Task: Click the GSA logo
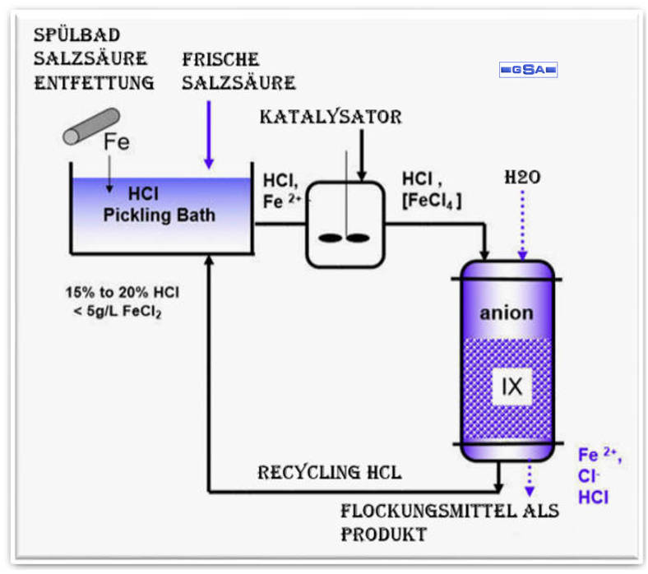click(x=528, y=70)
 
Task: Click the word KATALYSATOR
click(x=331, y=117)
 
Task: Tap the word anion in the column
click(x=507, y=312)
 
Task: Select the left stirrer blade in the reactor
click(x=331, y=238)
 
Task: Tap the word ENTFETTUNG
click(x=95, y=82)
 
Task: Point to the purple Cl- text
click(x=588, y=476)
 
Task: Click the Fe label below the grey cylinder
click(x=116, y=142)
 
